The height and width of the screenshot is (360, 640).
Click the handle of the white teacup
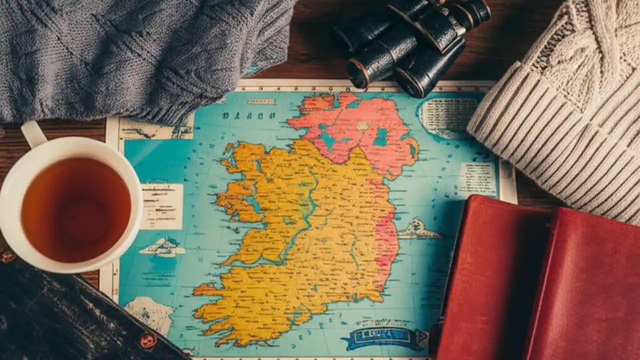tap(33, 134)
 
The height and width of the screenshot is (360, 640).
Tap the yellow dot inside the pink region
tap(362, 126)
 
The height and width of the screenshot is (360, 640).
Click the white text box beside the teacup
tap(161, 206)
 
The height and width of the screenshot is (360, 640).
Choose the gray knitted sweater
tap(140, 55)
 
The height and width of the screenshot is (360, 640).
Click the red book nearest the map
tap(492, 280)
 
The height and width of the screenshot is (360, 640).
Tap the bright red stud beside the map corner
tap(147, 340)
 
